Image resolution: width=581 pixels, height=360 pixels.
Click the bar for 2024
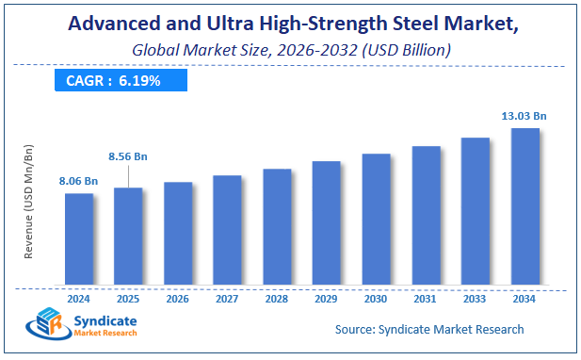coord(79,238)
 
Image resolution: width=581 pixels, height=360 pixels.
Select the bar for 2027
coord(227,229)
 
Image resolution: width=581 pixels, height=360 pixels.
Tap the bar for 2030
coord(376,219)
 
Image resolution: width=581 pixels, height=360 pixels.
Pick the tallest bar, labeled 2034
coord(525,205)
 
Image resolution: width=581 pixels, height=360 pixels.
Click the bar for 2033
coord(475,211)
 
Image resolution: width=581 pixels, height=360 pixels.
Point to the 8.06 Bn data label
coord(79,181)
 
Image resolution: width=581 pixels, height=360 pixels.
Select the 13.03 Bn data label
coord(525,115)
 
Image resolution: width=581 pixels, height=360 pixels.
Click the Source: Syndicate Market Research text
coord(429,329)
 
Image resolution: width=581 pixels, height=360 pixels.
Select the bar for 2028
coord(277,226)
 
